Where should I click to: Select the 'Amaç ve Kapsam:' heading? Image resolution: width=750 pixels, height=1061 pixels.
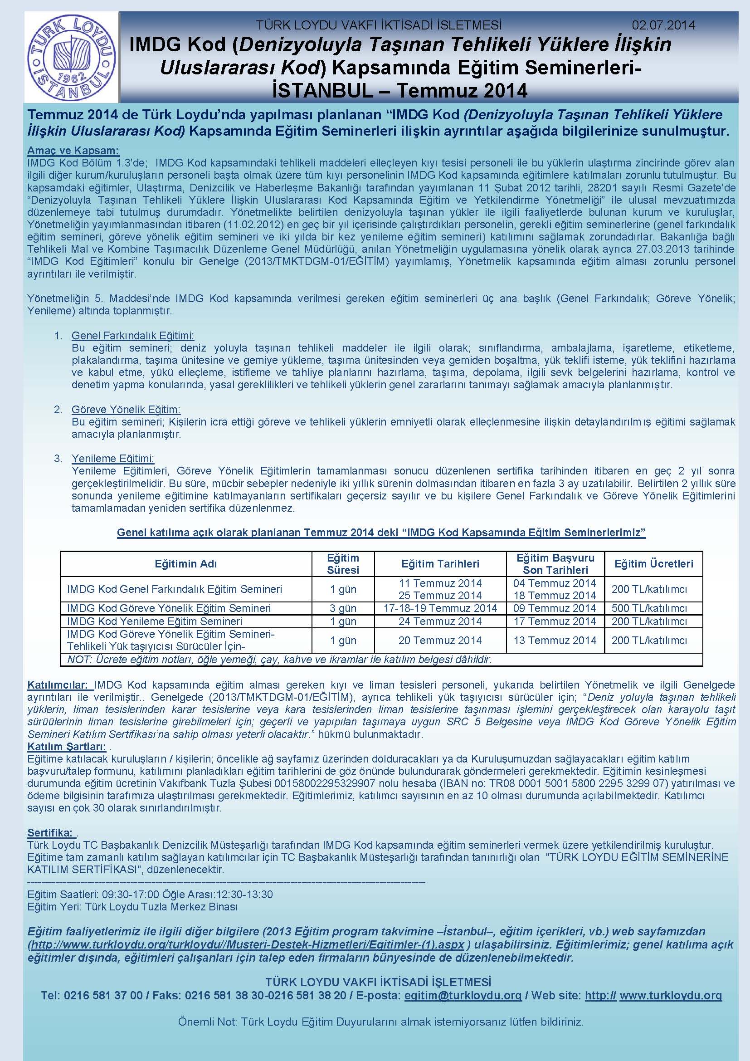[73, 151]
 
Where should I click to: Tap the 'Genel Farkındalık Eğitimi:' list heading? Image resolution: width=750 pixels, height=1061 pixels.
[133, 335]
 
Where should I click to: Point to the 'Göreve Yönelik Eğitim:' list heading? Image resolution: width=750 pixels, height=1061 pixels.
[126, 410]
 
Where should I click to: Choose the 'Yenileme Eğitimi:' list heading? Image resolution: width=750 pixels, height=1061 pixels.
[113, 459]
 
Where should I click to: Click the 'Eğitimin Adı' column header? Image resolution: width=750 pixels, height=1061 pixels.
[185, 564]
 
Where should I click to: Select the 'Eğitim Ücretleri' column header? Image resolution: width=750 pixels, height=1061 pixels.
[653, 564]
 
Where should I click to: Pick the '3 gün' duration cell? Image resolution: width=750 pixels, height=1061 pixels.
[343, 608]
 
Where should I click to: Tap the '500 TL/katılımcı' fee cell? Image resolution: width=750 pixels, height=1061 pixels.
[649, 608]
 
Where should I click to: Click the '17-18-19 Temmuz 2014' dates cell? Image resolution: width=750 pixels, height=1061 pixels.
[440, 608]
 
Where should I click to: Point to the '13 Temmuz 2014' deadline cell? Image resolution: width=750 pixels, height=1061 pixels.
[555, 641]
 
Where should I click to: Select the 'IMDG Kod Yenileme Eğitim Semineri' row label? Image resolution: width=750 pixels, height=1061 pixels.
[155, 621]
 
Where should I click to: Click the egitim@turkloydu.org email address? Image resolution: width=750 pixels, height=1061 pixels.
[463, 995]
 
